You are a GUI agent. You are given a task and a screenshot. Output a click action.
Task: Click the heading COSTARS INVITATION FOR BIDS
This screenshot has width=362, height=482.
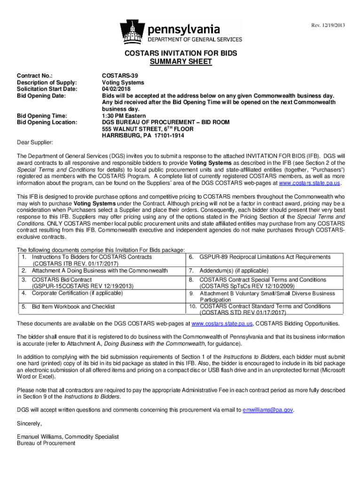[181, 54]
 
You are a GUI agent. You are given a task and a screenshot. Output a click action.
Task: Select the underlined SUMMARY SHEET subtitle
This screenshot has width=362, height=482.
[181, 62]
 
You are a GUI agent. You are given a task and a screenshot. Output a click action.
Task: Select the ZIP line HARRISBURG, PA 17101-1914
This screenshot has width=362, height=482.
[143, 136]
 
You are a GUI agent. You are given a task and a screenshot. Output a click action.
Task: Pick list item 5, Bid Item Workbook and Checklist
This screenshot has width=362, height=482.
[73, 306]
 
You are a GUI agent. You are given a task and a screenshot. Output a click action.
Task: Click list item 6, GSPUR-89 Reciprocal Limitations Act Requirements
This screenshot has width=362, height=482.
[265, 257]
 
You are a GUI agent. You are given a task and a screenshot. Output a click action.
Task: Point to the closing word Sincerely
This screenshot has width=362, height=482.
[29, 423]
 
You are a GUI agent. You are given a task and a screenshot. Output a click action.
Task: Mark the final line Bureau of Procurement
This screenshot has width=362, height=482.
[46, 443]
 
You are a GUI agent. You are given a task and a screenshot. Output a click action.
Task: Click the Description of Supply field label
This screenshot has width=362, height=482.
[47, 82]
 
